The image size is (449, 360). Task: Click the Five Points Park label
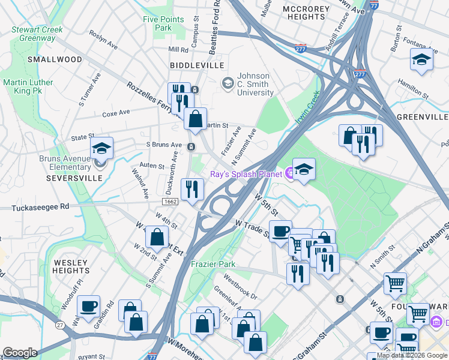click(x=163, y=23)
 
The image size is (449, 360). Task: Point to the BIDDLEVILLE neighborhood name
click(x=197, y=65)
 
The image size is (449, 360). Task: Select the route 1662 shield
click(x=170, y=202)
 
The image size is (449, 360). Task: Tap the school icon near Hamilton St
click(x=421, y=60)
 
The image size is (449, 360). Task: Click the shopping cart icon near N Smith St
click(x=395, y=282)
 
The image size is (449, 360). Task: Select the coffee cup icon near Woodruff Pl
click(x=89, y=307)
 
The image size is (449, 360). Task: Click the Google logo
click(x=20, y=353)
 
